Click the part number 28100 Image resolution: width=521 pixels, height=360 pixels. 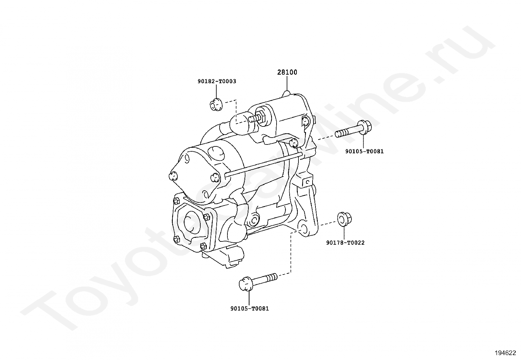[x=287, y=72]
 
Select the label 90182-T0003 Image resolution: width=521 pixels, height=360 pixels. [x=217, y=81]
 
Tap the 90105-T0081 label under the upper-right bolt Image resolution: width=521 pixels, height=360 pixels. [x=364, y=151]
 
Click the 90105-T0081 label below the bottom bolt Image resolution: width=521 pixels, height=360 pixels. [x=249, y=308]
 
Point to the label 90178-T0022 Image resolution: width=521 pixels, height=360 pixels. [x=345, y=243]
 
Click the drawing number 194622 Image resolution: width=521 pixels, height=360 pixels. [x=505, y=353]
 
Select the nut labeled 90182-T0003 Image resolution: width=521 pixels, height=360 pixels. [x=215, y=104]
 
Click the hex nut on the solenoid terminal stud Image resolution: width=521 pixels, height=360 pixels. [x=260, y=117]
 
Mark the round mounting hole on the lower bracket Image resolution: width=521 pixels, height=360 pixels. [x=303, y=229]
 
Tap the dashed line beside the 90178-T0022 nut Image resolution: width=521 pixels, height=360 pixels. [x=328, y=223]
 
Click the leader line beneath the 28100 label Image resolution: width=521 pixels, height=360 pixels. [x=287, y=84]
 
